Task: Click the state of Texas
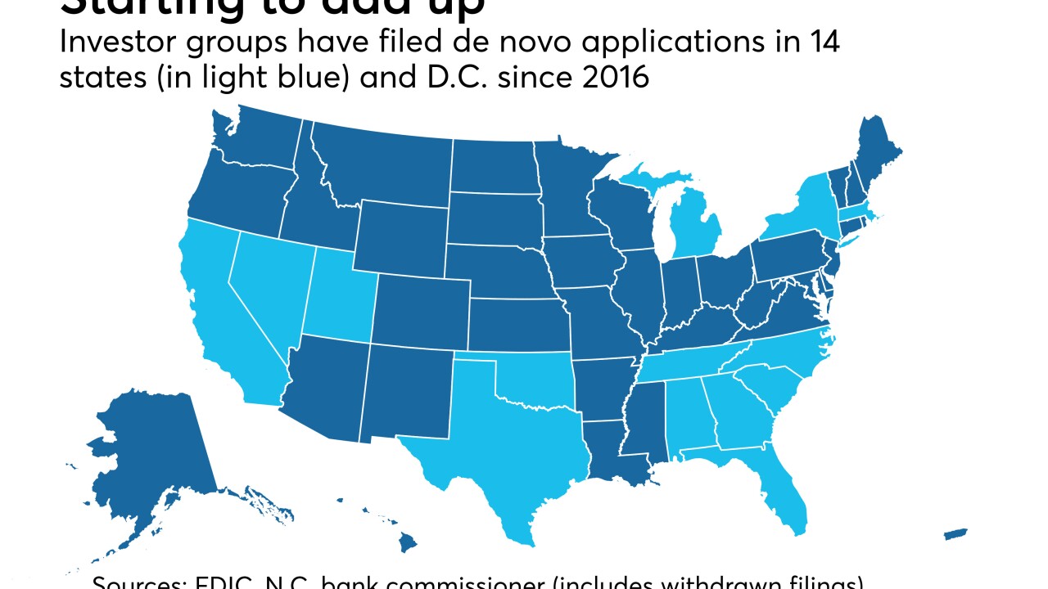coord(508,450)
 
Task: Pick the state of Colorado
coord(422,311)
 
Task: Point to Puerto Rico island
coord(955,534)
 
